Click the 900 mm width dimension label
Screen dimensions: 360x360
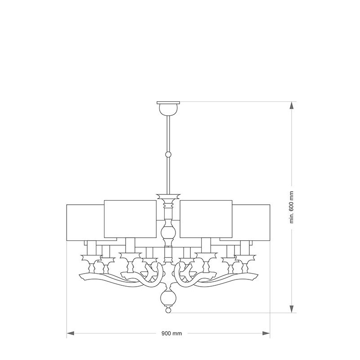coord(171,333)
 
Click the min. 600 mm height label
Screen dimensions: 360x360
coord(292,207)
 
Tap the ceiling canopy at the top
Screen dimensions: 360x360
coord(168,108)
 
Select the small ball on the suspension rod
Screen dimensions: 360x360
coord(168,154)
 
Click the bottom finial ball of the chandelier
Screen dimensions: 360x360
coord(168,310)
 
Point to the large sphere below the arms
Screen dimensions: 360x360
coord(168,298)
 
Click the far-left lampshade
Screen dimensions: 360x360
coord(85,222)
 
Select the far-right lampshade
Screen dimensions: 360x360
coord(251,222)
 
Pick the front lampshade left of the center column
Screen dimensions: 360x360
coord(130,219)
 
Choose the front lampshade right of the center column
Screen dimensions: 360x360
coord(206,219)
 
